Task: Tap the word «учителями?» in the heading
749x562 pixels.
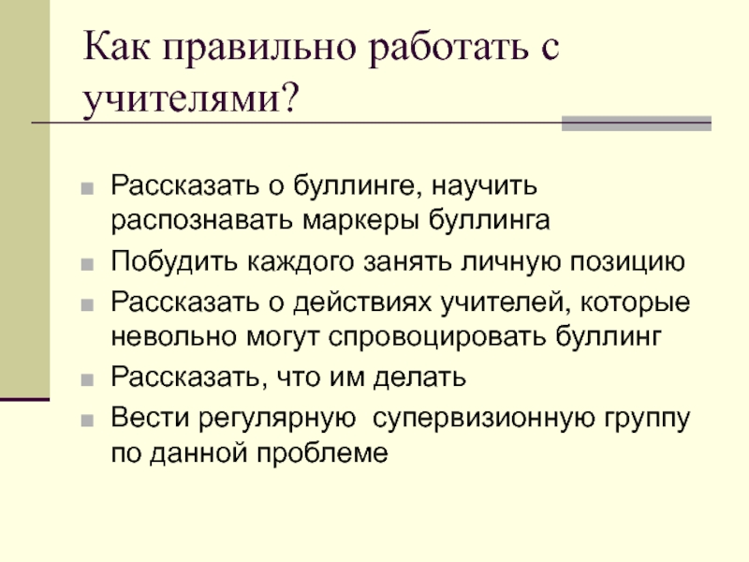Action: point(191,98)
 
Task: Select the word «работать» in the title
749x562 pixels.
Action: point(448,48)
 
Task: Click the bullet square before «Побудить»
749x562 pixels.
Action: point(87,264)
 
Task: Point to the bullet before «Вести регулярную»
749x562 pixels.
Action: point(87,421)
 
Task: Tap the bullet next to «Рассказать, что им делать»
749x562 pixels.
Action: point(87,380)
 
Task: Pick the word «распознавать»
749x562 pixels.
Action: point(202,221)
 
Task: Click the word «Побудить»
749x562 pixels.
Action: point(174,261)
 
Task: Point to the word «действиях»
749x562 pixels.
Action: point(362,303)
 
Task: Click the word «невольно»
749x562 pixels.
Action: point(174,336)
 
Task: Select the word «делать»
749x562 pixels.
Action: point(419,378)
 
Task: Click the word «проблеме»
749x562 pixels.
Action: point(322,451)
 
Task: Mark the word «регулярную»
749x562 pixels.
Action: point(277,419)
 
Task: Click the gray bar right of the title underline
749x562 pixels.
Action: point(637,124)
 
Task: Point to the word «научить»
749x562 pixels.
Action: point(484,186)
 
